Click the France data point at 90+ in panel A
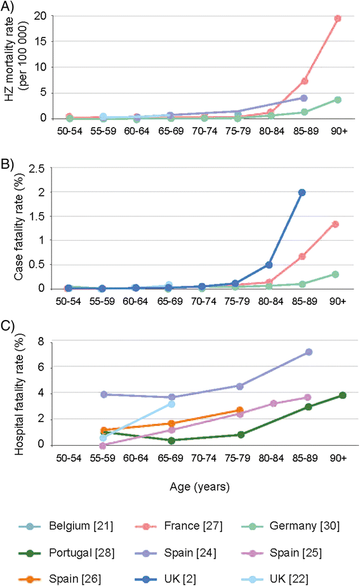point(338,18)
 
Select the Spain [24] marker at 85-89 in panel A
point(304,98)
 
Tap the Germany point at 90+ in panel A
point(338,100)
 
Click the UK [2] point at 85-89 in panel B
point(302,192)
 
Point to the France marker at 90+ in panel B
point(335,224)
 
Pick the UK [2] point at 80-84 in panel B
point(269,265)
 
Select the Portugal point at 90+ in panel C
point(343,395)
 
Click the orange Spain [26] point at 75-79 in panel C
point(240,410)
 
